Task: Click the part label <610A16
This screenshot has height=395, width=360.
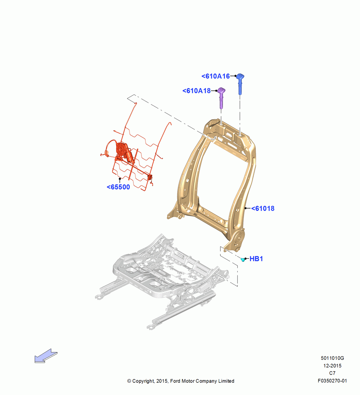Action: (216, 76)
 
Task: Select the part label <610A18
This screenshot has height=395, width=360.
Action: (196, 91)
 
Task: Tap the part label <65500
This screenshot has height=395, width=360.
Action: (118, 187)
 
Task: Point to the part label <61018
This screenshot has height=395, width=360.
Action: (263, 208)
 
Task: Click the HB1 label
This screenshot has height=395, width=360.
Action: (256, 259)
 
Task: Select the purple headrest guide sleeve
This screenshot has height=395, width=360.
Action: (221, 98)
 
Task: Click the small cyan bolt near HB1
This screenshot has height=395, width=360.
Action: (243, 260)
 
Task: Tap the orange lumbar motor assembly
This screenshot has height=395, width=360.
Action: (124, 152)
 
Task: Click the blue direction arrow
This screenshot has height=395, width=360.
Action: (46, 356)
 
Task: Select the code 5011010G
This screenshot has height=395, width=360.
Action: (332, 358)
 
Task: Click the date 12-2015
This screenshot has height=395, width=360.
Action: (332, 365)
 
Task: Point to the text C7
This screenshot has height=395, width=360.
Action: (332, 373)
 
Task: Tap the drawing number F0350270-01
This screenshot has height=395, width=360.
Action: (332, 381)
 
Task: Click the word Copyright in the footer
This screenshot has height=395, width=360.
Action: (143, 381)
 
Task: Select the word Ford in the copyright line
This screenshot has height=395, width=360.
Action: (176, 381)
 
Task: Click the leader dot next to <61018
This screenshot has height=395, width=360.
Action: (246, 208)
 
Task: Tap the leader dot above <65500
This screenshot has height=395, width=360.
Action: (120, 179)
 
